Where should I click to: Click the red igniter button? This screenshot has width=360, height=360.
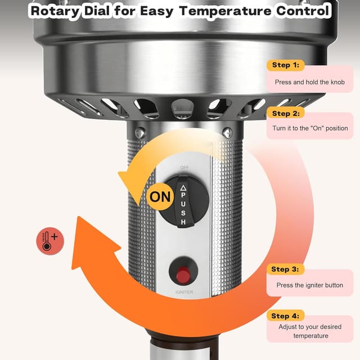coord(183,275)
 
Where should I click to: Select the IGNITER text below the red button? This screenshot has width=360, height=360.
coord(183,292)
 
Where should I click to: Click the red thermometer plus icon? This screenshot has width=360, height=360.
coord(50,241)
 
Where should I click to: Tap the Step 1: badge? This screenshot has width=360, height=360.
coord(285,65)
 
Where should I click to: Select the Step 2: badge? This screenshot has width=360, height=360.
coord(285,114)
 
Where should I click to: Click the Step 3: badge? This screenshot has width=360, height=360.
coord(285,269)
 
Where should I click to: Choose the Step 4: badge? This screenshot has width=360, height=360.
coord(285,316)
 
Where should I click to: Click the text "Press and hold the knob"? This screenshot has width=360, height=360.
coord(309,82)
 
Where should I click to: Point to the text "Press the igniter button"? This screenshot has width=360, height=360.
coord(309,285)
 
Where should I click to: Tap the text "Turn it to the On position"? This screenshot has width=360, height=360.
coord(310,128)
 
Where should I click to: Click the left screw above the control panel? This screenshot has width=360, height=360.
coord(140,133)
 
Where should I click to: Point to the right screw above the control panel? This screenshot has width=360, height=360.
coord(227,133)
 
